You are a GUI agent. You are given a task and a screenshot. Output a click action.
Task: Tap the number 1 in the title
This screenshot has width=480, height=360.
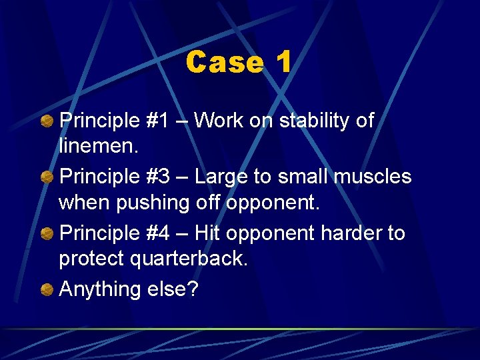click(283, 63)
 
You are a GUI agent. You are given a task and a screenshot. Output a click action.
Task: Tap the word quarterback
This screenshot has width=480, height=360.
click(197, 259)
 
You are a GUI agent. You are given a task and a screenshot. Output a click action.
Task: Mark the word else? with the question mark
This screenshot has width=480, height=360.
click(173, 289)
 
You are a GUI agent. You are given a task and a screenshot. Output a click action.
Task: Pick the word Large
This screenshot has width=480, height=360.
click(223, 177)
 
